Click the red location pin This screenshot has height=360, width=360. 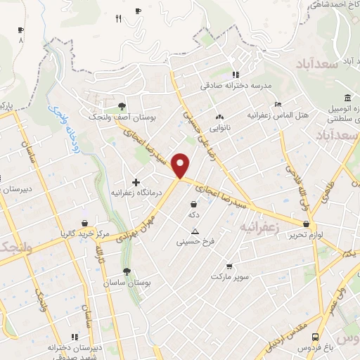pos(181,166)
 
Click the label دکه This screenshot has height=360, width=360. pos(193,214)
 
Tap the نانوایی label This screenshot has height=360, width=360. pos(221,129)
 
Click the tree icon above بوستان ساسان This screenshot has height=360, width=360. pos(127,271)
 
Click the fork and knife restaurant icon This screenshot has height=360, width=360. pos(119,19)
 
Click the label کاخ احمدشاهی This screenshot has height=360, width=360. pos(329,5)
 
